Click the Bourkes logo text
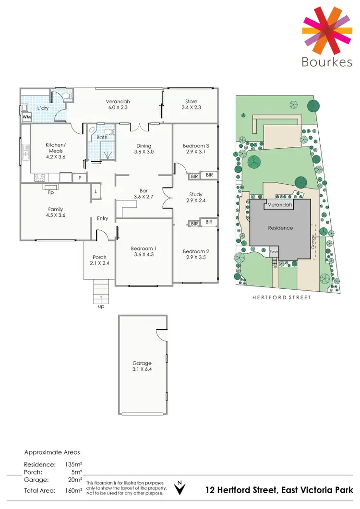click(x=326, y=62)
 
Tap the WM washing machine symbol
click(x=26, y=117)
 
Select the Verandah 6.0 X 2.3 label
click(x=118, y=105)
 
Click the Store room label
click(x=192, y=105)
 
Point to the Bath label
click(x=101, y=137)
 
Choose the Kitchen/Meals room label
click(x=55, y=151)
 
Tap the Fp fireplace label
click(x=50, y=194)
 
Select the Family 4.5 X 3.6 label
click(x=56, y=213)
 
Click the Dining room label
click(x=144, y=149)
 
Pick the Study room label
click(x=196, y=198)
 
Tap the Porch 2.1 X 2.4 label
click(x=99, y=260)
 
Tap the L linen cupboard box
click(x=96, y=191)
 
